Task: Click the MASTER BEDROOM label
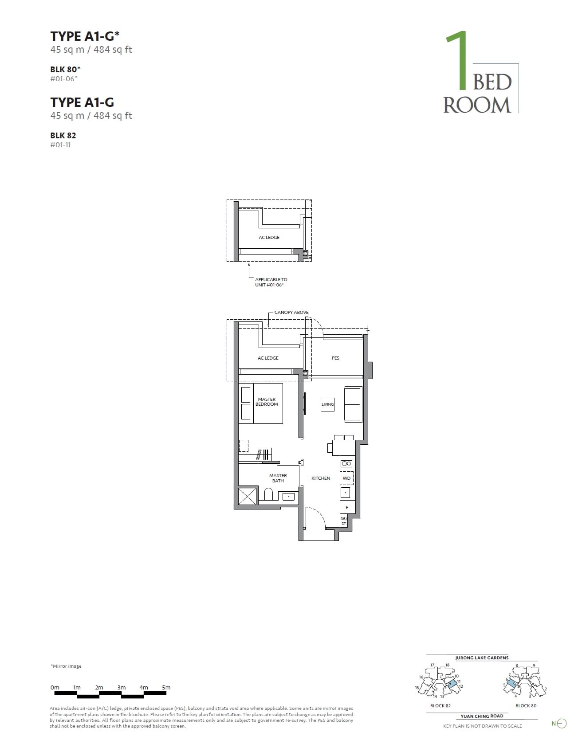click(x=267, y=402)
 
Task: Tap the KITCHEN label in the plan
click(x=321, y=478)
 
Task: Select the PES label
click(x=335, y=358)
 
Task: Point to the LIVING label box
click(x=328, y=404)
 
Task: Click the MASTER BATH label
click(x=278, y=478)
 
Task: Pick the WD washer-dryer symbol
click(x=347, y=478)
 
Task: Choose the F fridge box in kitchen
click(x=347, y=507)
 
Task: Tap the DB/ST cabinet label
click(x=343, y=521)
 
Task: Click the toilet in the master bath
click(x=268, y=495)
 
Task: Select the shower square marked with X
click(x=248, y=496)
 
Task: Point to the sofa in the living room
click(x=353, y=404)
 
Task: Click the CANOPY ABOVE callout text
click(x=291, y=313)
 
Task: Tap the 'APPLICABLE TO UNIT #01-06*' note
click(x=271, y=282)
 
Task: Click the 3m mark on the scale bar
click(x=122, y=688)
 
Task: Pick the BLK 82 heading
click(x=63, y=135)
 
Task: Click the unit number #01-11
click(x=60, y=145)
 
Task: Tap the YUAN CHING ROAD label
click(x=482, y=716)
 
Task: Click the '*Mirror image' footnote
click(x=66, y=666)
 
